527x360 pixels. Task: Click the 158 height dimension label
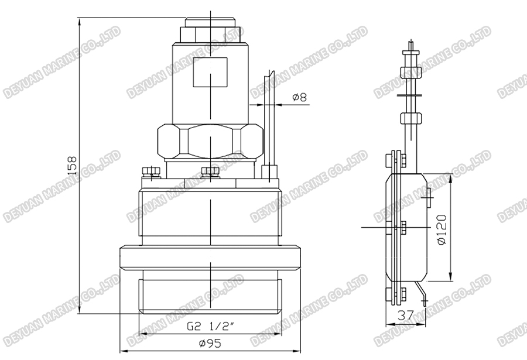tap(71, 167)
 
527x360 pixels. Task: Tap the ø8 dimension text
tap(299, 97)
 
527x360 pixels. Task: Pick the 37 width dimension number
tap(405, 315)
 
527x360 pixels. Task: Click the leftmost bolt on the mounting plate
tap(151, 173)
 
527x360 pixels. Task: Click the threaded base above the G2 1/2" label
tap(209, 296)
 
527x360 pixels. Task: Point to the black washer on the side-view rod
tap(408, 94)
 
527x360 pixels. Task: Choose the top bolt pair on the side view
tap(396, 160)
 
